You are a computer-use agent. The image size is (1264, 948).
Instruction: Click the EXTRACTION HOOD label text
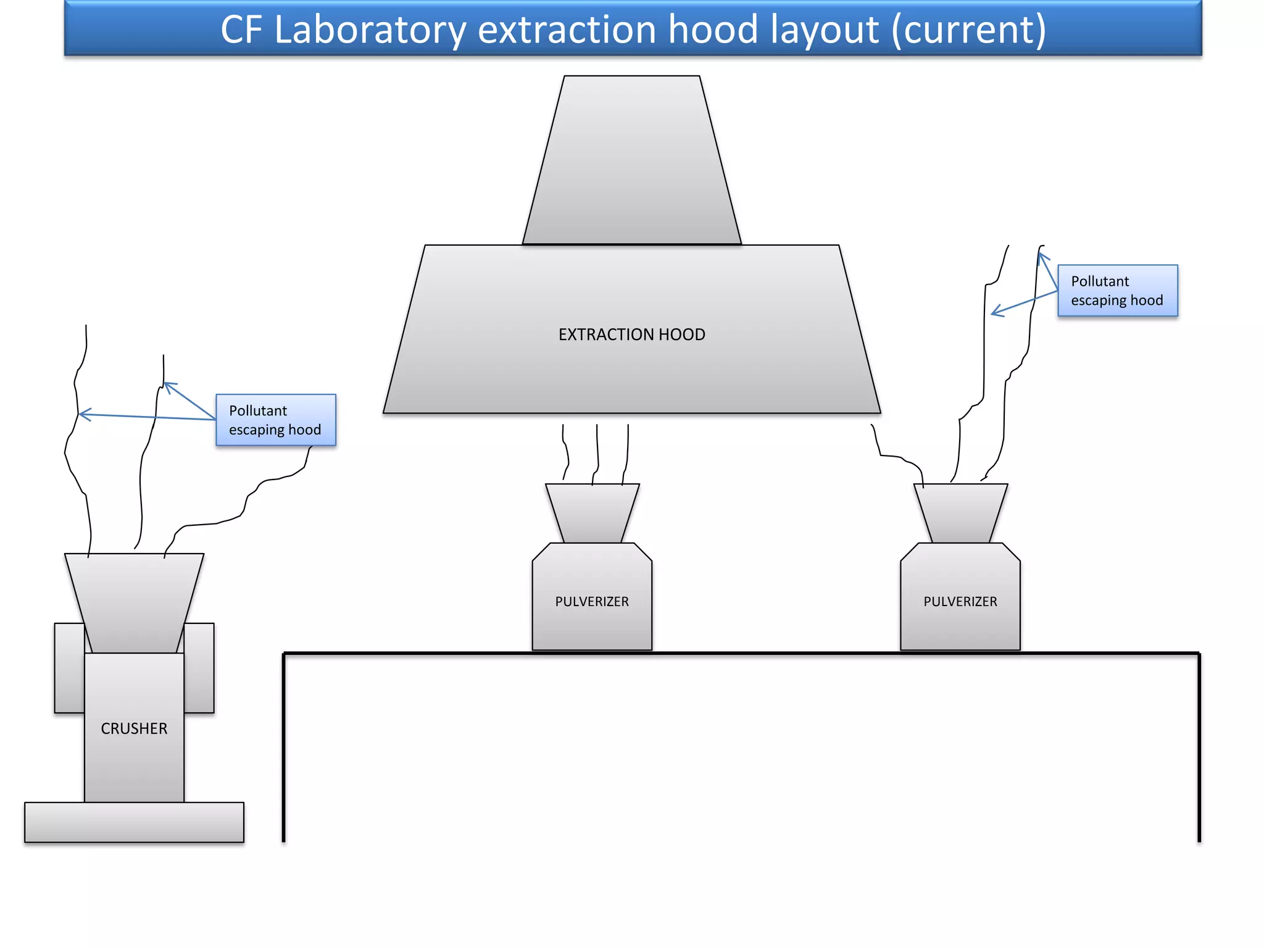[631, 335]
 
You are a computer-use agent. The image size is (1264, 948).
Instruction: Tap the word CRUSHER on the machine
[134, 728]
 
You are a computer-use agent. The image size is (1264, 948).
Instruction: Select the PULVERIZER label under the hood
[592, 601]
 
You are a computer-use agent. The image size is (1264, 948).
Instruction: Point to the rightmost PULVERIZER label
[960, 601]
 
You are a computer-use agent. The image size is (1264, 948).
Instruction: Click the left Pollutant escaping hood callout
[275, 420]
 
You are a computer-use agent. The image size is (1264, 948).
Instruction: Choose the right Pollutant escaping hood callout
[1117, 291]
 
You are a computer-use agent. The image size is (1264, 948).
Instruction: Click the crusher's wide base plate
[134, 822]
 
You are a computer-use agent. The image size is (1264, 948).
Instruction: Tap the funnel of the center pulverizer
[592, 512]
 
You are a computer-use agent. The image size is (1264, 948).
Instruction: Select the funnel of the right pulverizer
[960, 512]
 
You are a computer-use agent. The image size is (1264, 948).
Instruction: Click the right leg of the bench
[1199, 747]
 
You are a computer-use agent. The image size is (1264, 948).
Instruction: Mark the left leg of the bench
[284, 747]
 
